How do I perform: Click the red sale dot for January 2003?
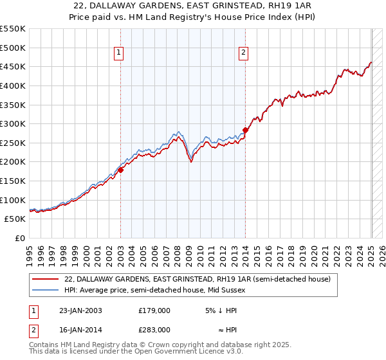click(120, 170)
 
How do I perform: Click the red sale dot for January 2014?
click(245, 130)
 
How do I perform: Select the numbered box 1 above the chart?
click(120, 53)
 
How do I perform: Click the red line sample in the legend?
click(45, 280)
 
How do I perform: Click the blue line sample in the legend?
click(45, 291)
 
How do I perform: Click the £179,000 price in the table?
click(154, 310)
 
